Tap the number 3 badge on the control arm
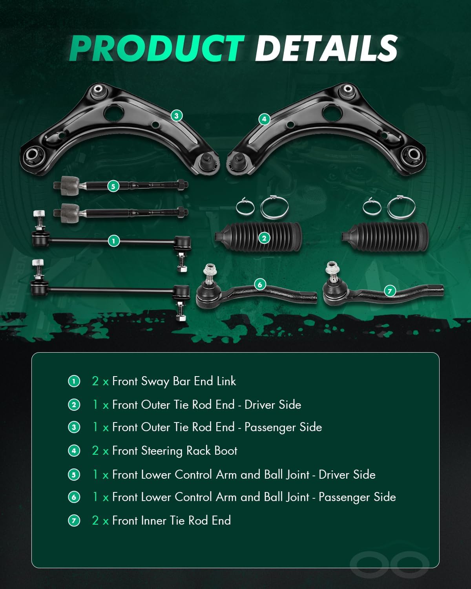[177, 115]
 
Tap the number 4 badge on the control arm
[264, 119]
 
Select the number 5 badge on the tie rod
[113, 186]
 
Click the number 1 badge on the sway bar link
[113, 240]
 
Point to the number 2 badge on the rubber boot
[264, 238]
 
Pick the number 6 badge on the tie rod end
[260, 284]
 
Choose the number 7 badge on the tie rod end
[389, 291]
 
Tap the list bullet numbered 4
[74, 451]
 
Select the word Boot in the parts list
[226, 451]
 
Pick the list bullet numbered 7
[74, 521]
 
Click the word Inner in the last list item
[153, 521]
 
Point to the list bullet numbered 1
[74, 381]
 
